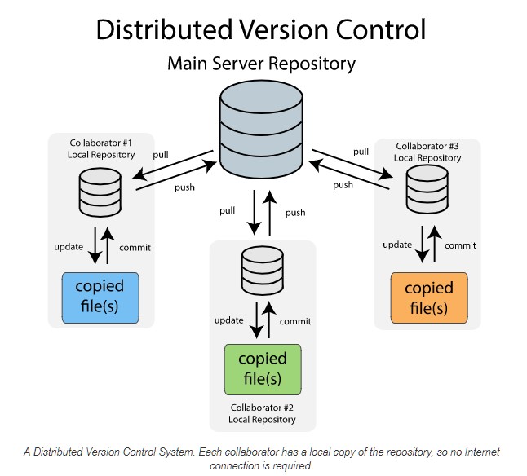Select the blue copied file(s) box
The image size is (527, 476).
(100, 297)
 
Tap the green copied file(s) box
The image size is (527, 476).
(262, 368)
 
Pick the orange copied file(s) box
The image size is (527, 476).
(429, 297)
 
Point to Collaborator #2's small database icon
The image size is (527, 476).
(261, 272)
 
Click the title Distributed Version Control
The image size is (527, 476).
(261, 29)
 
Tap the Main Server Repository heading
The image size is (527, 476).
(261, 63)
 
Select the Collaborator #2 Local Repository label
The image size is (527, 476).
(262, 413)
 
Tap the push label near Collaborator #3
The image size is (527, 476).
(343, 185)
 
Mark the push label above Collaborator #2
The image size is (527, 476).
(295, 213)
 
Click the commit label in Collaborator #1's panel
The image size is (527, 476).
(135, 248)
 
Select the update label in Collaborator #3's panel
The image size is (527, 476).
(397, 245)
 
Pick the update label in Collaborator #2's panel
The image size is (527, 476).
(228, 320)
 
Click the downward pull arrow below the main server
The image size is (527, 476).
(255, 210)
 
